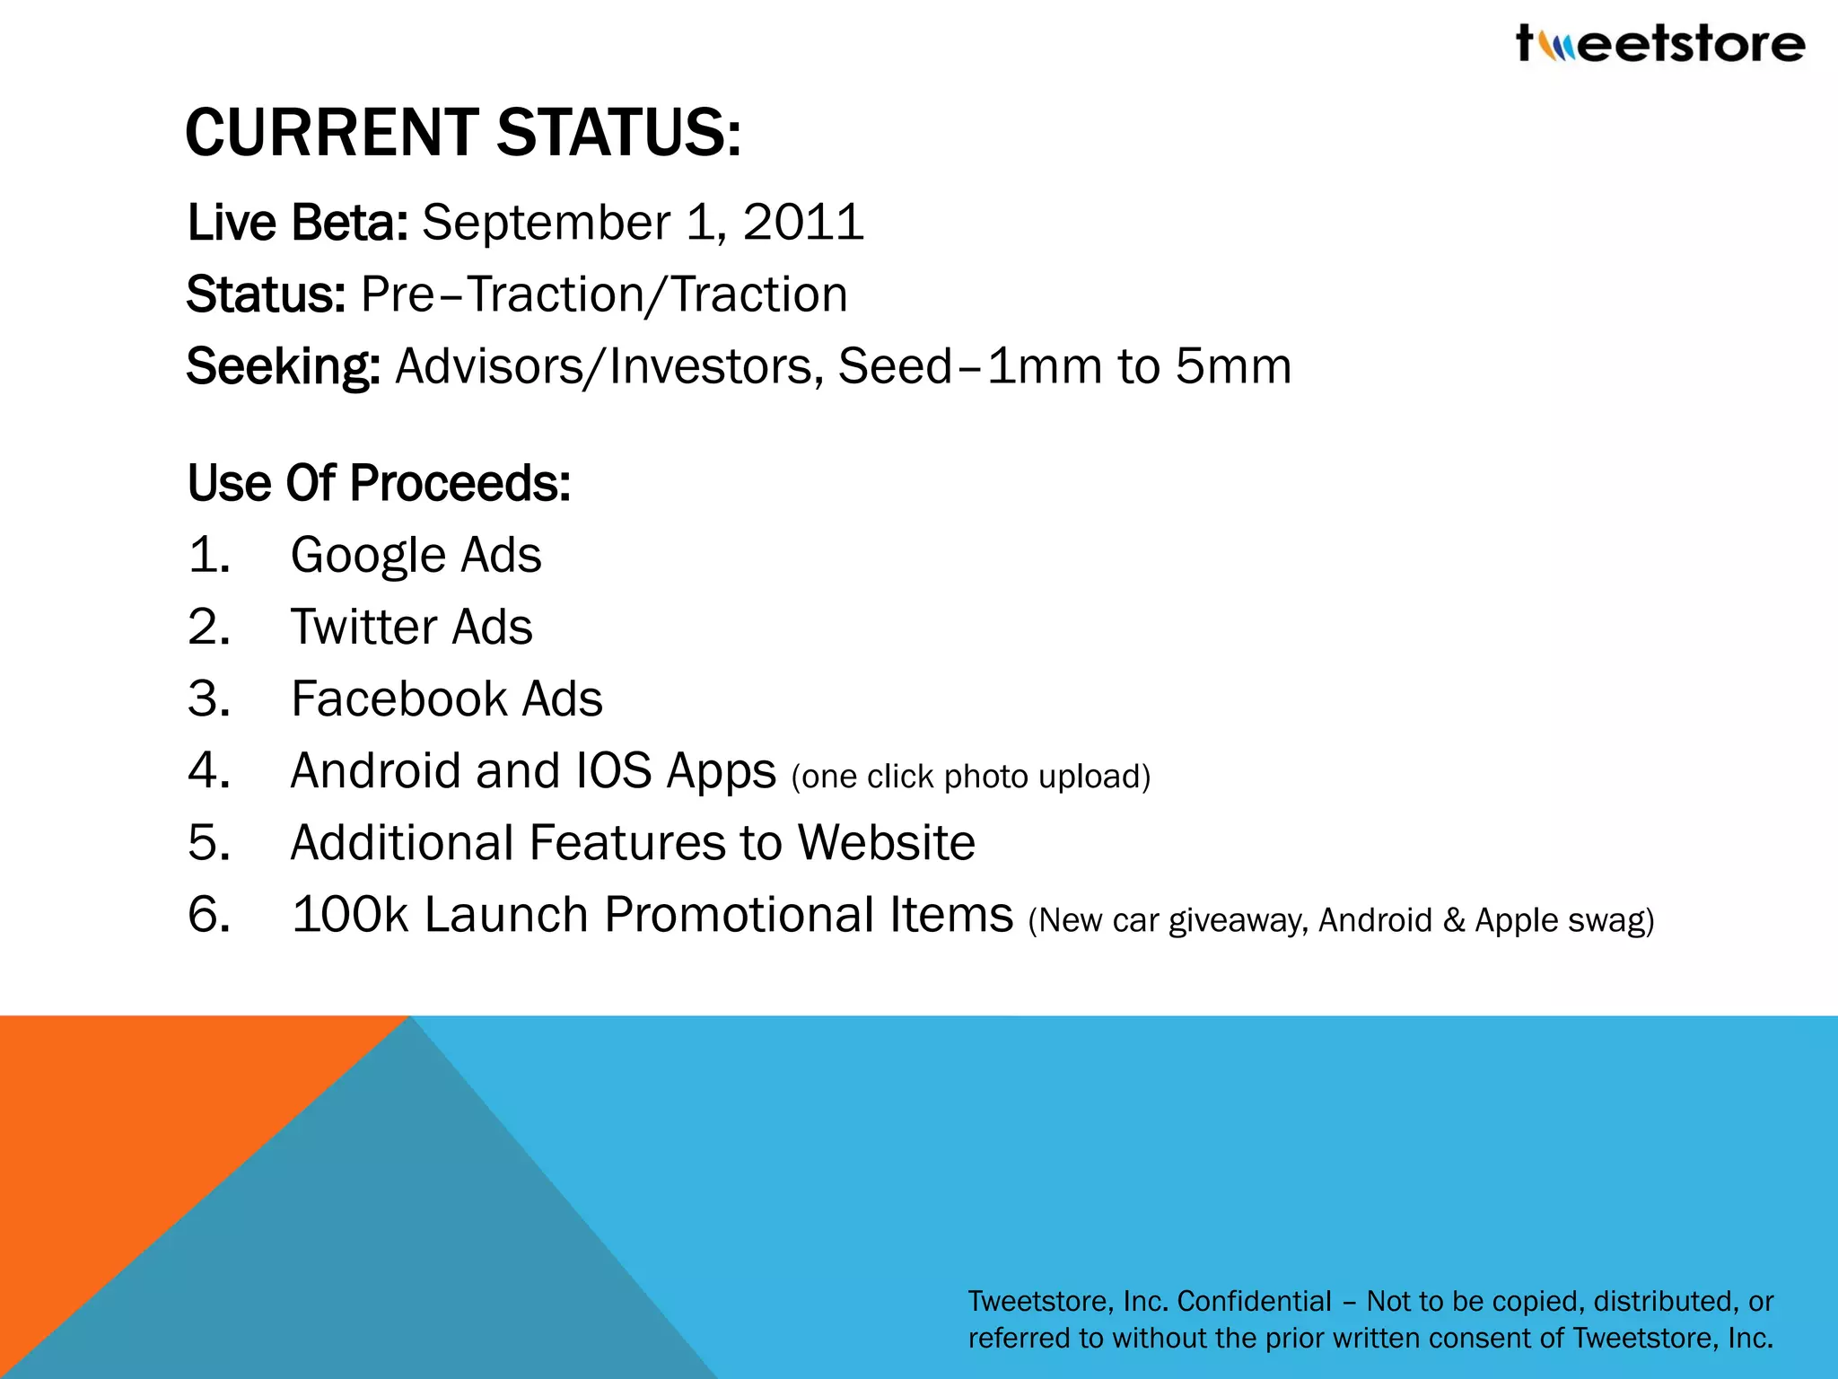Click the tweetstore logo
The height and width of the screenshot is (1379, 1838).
[x=1660, y=43]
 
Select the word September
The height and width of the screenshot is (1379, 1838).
[x=546, y=224]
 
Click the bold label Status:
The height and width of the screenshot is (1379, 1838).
[x=266, y=294]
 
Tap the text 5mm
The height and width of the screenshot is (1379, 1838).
[x=1233, y=366]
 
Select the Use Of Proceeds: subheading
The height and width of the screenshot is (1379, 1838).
[x=379, y=483]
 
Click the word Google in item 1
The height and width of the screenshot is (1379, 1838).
[x=367, y=556]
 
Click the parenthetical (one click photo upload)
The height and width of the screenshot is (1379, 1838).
[x=970, y=777]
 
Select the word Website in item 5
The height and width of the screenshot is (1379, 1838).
[x=886, y=842]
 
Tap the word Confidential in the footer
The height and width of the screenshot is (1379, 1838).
[x=1254, y=1301]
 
